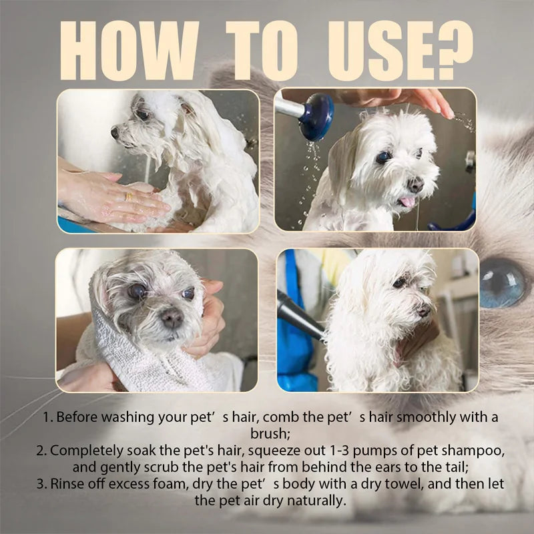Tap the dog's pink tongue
pos(407,202)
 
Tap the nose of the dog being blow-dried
pos(424,310)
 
